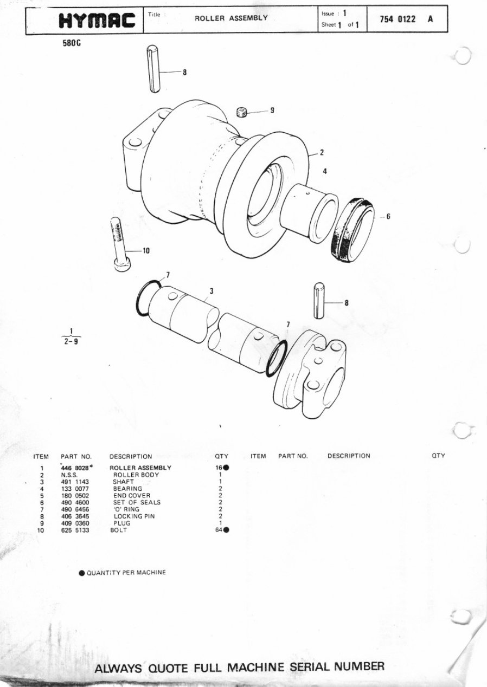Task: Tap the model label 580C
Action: (72, 44)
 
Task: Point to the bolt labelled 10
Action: (119, 244)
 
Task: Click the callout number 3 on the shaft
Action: (212, 291)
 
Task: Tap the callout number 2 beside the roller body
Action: (322, 152)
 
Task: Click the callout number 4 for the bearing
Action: (324, 171)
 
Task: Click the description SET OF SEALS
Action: (137, 502)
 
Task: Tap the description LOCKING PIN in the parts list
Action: (134, 516)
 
